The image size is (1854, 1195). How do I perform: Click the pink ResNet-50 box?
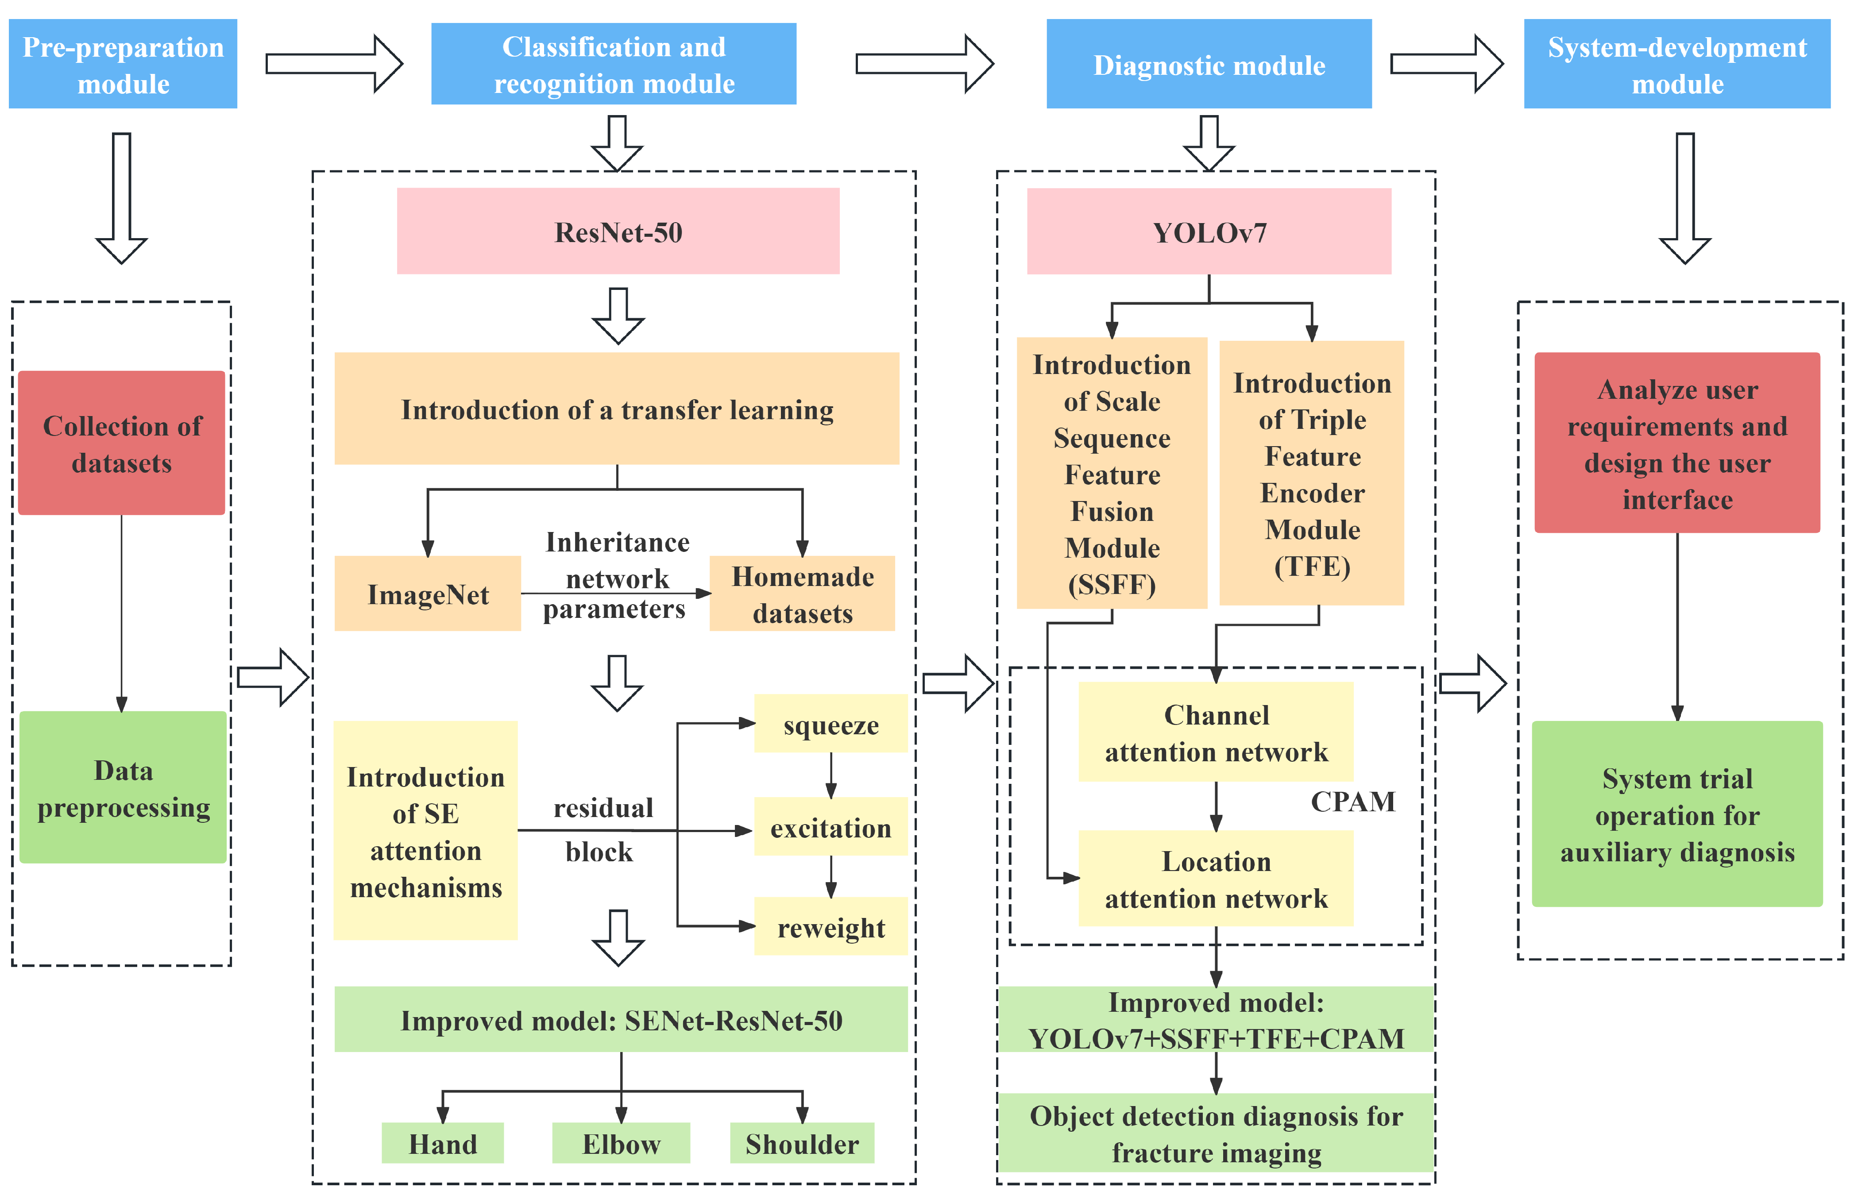(x=618, y=231)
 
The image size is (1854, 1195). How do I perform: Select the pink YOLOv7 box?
(x=1208, y=231)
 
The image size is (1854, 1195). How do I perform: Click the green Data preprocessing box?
(x=123, y=788)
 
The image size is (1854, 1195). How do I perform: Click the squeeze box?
(x=830, y=724)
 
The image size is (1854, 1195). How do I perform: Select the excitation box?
(x=830, y=827)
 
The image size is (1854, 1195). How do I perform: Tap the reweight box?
(x=830, y=926)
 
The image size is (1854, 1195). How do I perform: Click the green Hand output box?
(x=442, y=1143)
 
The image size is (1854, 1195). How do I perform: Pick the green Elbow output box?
(x=621, y=1143)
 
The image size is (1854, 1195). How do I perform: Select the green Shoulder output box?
(x=802, y=1143)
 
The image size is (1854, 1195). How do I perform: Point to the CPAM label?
(x=1353, y=801)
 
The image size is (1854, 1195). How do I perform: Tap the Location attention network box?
(x=1215, y=879)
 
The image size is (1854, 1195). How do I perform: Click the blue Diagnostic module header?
(x=1208, y=65)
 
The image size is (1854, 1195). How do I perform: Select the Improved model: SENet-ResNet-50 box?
(x=621, y=1020)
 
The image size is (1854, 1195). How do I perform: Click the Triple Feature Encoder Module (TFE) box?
(x=1312, y=473)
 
